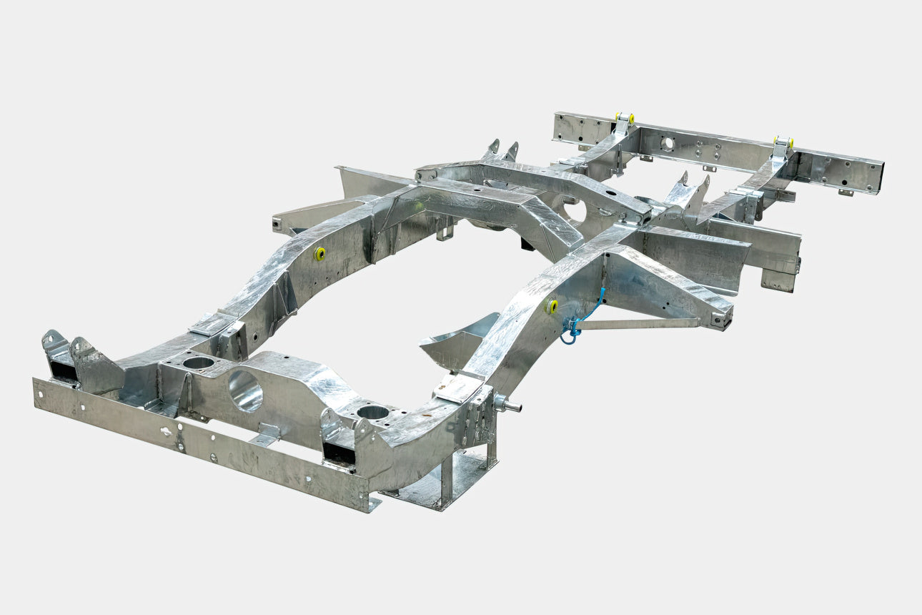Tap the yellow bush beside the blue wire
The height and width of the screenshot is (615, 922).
point(552,306)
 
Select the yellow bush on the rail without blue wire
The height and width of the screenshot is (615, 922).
point(319,254)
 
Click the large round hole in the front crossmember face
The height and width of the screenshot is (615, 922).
point(245,391)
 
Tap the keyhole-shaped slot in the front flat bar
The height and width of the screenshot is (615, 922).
point(167,431)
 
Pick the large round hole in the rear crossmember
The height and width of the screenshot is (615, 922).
point(667,144)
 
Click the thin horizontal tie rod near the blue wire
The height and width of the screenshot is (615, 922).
point(643,323)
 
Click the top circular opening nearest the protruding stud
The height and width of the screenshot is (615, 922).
point(372,412)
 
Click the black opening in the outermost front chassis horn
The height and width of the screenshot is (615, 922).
point(64,371)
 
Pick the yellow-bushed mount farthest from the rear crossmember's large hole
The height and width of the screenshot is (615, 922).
point(783,142)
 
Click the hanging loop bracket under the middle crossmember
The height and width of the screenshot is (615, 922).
point(445,230)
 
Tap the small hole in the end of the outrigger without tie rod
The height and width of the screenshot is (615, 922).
point(276,224)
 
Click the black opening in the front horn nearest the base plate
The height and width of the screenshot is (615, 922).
point(338,452)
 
